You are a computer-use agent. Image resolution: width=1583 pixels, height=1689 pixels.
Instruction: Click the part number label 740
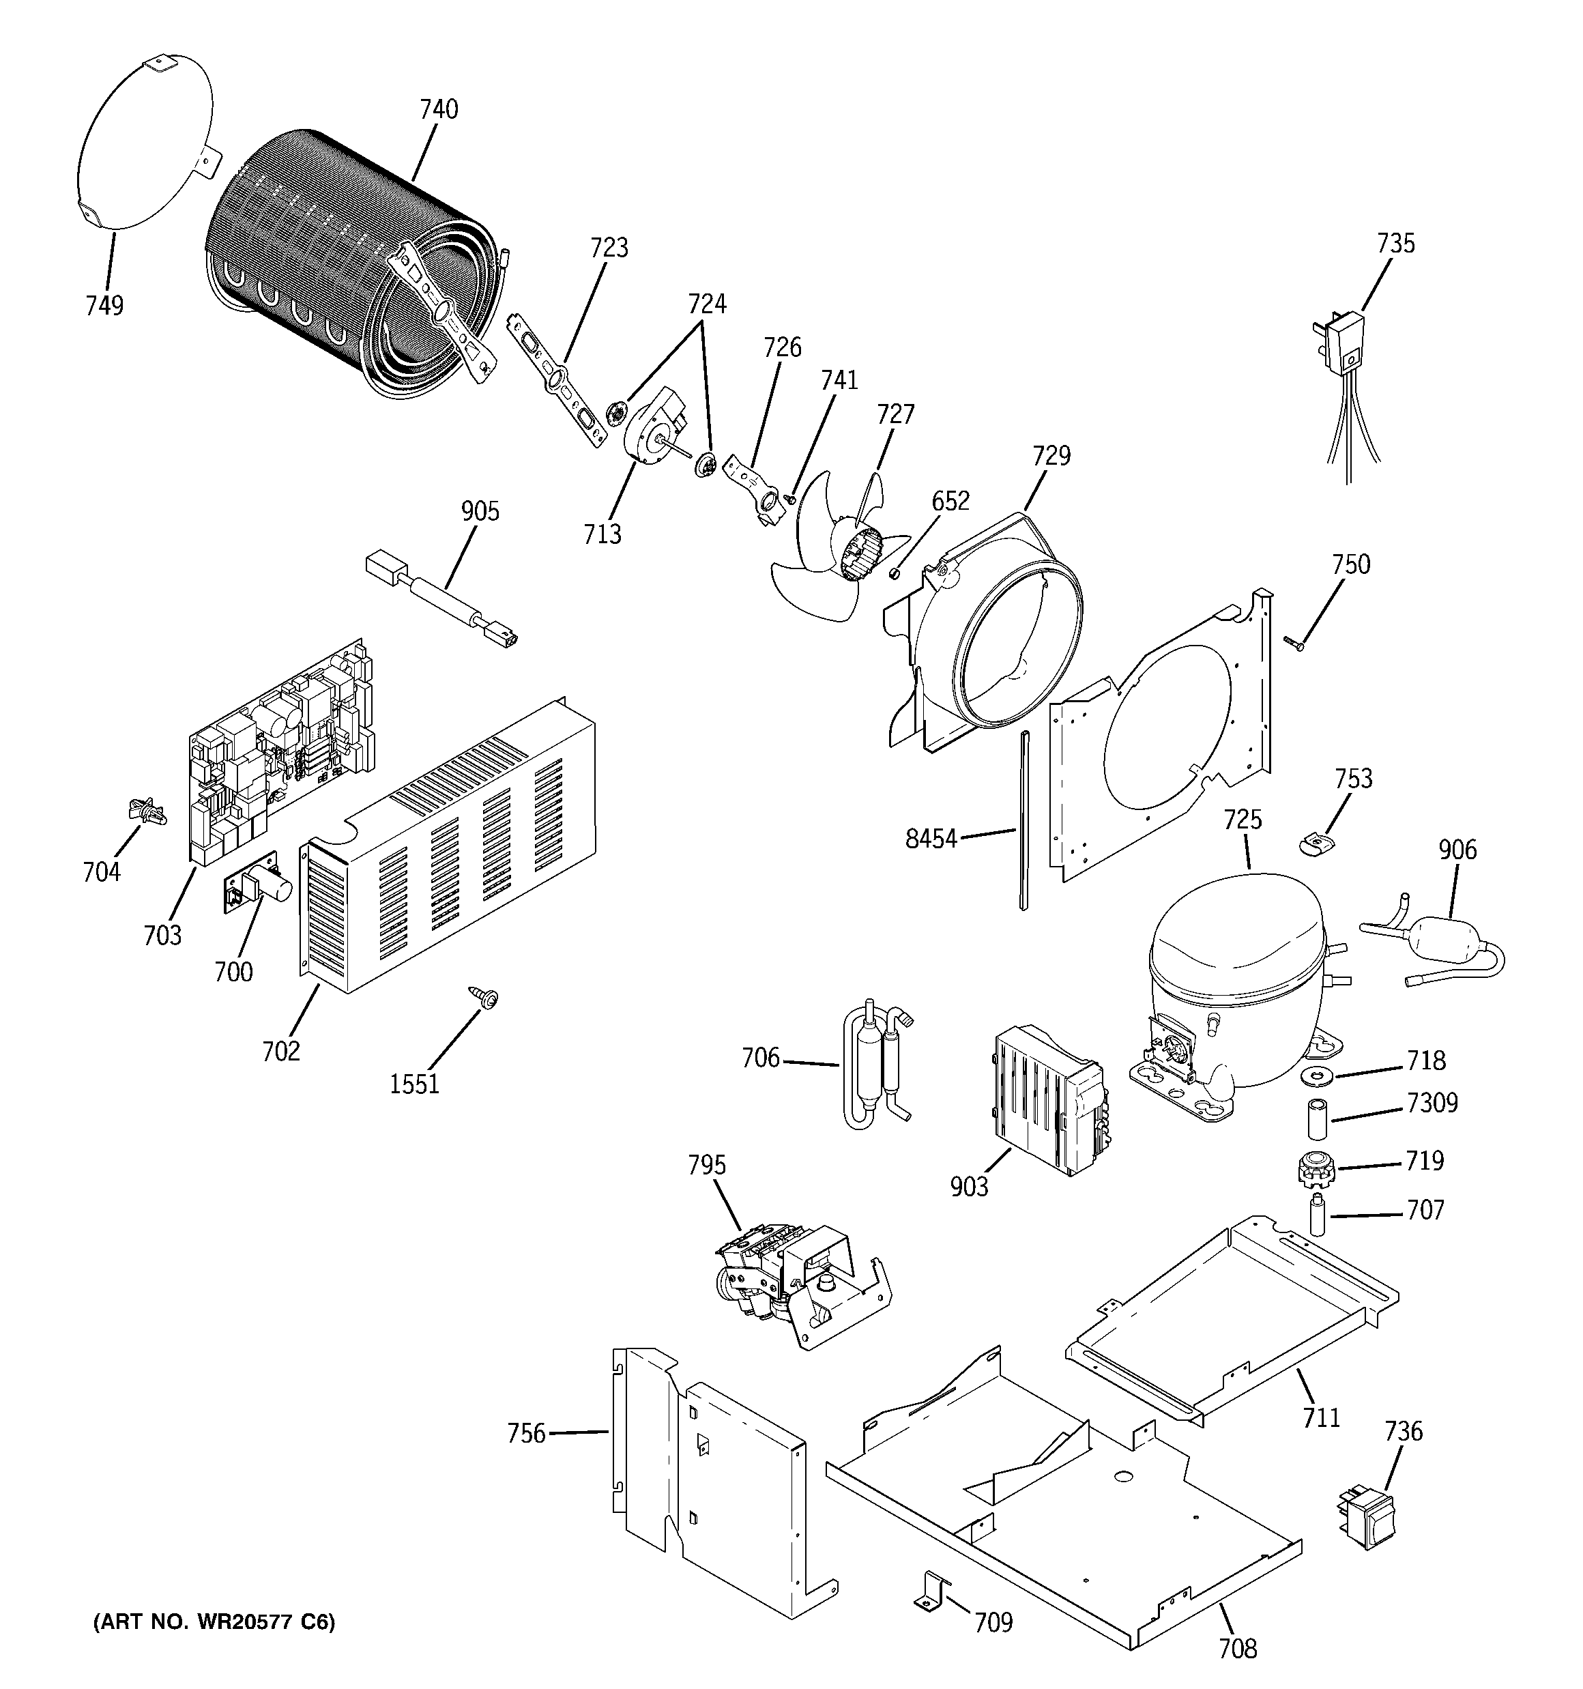439,110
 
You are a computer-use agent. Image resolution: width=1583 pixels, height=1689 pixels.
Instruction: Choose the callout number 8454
931,839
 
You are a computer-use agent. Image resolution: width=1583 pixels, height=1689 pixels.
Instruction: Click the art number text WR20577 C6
214,1622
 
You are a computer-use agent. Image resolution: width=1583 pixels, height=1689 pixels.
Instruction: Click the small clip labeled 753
1316,843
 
